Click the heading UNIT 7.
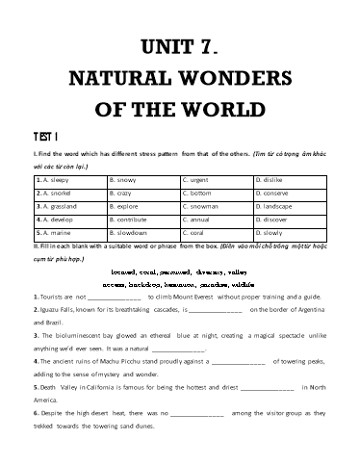click(x=180, y=45)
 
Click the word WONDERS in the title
click(x=227, y=76)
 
